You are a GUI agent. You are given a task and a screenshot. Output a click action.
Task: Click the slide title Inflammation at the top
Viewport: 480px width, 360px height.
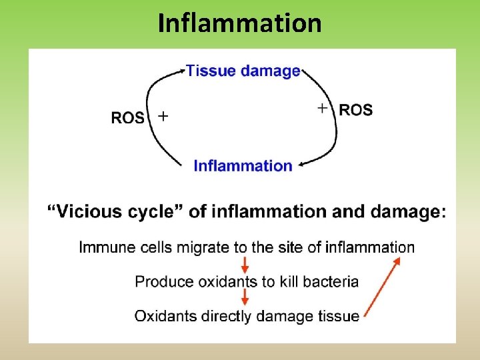(x=239, y=23)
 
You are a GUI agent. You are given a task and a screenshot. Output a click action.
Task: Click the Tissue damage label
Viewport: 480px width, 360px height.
(x=243, y=71)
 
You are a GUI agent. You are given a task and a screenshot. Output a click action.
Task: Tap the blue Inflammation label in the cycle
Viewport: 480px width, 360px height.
(x=243, y=165)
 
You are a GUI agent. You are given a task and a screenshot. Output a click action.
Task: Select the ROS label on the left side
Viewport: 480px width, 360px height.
(x=127, y=118)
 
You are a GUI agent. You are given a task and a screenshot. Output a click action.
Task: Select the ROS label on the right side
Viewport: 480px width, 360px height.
(x=356, y=110)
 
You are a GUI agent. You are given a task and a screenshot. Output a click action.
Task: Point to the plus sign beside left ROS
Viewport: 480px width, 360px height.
(x=162, y=117)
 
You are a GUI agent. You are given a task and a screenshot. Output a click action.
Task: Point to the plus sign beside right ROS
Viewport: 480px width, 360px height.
(x=323, y=107)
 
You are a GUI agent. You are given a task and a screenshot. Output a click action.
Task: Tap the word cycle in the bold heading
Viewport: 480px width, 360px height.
(x=161, y=212)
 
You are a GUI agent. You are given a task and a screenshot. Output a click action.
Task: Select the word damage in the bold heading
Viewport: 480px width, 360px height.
(x=405, y=212)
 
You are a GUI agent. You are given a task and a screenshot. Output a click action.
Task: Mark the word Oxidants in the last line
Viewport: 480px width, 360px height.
(x=162, y=315)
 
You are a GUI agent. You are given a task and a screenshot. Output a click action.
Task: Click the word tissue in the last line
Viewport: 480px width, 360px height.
(x=341, y=315)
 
